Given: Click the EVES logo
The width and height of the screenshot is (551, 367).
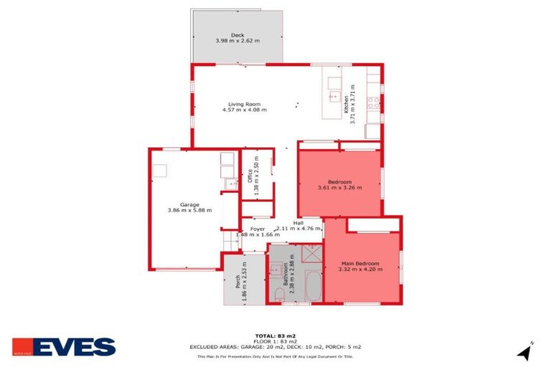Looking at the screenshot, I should coord(64,347).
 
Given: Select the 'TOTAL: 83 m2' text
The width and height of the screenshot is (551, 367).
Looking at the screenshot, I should coord(275,335).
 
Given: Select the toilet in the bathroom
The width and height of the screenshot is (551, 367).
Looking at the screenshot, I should coord(277,295).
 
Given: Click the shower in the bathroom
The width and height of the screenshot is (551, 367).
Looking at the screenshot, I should coord(311,253).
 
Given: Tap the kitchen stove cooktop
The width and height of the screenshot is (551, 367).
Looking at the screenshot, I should coord(373,103).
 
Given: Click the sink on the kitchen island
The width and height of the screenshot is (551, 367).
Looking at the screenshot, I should coord(334,95).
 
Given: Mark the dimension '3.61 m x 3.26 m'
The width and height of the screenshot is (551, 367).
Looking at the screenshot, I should coord(339,188).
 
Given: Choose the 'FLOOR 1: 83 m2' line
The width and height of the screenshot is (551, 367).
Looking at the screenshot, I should coord(275,340).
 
